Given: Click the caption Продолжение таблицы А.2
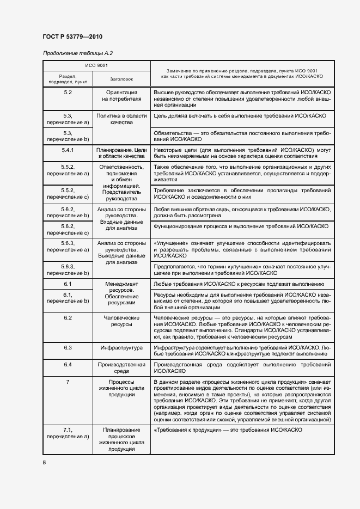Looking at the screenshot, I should click(77, 53).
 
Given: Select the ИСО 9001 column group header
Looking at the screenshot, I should click(96, 65).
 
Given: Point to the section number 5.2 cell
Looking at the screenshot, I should click(68, 93).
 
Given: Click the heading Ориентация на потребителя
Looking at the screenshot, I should click(121, 96).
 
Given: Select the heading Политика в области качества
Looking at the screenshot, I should click(121, 119).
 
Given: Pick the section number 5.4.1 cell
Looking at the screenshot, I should click(68, 150).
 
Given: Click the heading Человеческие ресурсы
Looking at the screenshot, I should click(121, 321).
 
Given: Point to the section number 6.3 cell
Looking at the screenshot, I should click(68, 347).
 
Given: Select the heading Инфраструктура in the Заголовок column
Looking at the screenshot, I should click(121, 347).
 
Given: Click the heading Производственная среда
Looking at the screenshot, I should click(121, 367).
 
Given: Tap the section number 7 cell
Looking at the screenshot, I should click(68, 382).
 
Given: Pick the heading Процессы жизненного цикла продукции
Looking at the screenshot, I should click(121, 389).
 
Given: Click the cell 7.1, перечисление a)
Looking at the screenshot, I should click(68, 433).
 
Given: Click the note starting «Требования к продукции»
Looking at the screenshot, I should click(228, 430).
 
